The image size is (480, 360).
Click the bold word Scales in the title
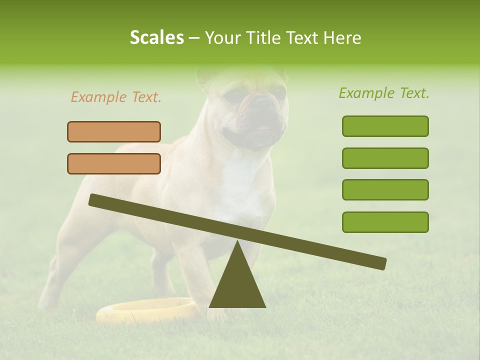[x=156, y=37]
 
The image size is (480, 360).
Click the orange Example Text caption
[x=116, y=97]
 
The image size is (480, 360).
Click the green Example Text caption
[x=384, y=93]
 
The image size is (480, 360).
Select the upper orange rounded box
[x=114, y=131]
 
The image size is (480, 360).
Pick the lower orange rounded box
[x=114, y=163]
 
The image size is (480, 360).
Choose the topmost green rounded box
[x=385, y=126]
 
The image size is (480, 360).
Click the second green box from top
[x=385, y=158]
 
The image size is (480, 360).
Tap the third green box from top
[x=385, y=189]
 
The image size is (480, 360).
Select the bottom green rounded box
[x=385, y=222]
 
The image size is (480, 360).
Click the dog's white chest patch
[x=240, y=185]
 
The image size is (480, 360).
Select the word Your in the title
[x=221, y=37]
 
